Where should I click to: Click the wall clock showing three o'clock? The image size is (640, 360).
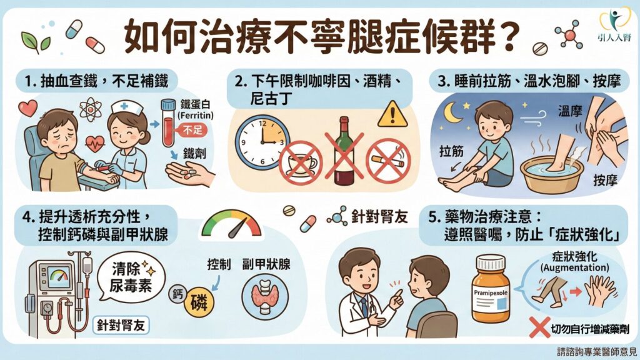coord(262,142)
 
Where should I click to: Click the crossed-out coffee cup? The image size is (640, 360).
coord(301,163)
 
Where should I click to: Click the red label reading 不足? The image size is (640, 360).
coord(192,131)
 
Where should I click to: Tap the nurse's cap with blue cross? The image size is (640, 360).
coord(127,107)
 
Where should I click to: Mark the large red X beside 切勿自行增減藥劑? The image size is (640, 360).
coord(539,327)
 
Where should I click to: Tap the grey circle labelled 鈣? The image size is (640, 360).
coord(177,293)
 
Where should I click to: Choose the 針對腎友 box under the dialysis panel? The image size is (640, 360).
coord(121,325)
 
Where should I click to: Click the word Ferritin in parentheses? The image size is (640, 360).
coord(196,116)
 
